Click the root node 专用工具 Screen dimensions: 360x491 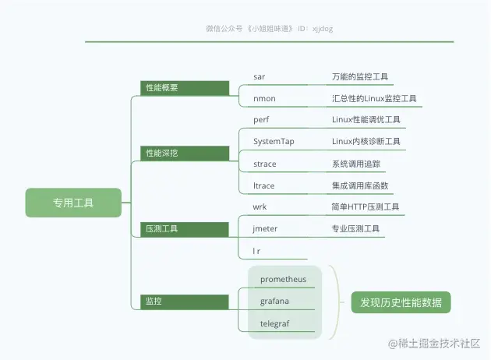73,203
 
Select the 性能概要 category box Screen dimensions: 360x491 185,88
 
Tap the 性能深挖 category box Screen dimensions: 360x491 185,153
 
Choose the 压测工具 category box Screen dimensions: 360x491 185,228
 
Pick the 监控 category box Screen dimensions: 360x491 185,300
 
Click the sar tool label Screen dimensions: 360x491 260,77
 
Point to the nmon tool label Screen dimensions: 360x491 264,99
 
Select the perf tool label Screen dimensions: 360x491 261,120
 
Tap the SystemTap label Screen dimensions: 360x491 274,142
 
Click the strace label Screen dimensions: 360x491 265,164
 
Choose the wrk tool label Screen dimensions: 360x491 260,207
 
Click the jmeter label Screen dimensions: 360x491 265,228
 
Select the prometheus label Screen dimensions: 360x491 284,279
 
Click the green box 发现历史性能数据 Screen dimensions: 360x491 401,302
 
